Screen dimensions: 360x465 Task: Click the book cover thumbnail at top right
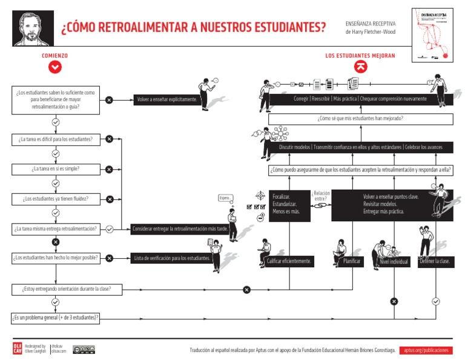point(432,34)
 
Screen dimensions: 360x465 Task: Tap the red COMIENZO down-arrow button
point(55,67)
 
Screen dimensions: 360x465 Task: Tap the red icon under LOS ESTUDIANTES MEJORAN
point(360,67)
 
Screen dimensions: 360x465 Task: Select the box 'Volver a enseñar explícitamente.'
point(167,99)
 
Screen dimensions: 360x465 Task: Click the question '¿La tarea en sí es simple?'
point(56,169)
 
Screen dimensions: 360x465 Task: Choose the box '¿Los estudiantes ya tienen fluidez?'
point(56,199)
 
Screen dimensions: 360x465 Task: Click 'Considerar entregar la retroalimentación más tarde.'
point(180,229)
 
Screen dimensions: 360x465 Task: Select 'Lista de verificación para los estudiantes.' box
point(173,258)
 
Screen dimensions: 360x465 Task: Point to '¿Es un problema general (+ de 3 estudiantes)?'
point(56,318)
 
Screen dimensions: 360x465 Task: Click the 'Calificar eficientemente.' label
point(289,261)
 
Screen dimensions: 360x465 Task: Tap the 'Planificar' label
point(352,261)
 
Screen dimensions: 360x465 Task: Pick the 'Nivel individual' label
point(394,262)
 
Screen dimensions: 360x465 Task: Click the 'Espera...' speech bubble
point(225,198)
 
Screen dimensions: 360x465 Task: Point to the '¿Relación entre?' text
point(321,195)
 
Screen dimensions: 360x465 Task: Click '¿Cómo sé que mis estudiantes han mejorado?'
point(360,119)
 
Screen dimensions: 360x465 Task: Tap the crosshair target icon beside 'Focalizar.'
point(260,195)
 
